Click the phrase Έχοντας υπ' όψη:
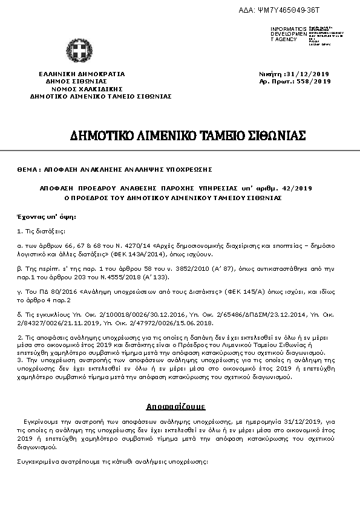(38, 216)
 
